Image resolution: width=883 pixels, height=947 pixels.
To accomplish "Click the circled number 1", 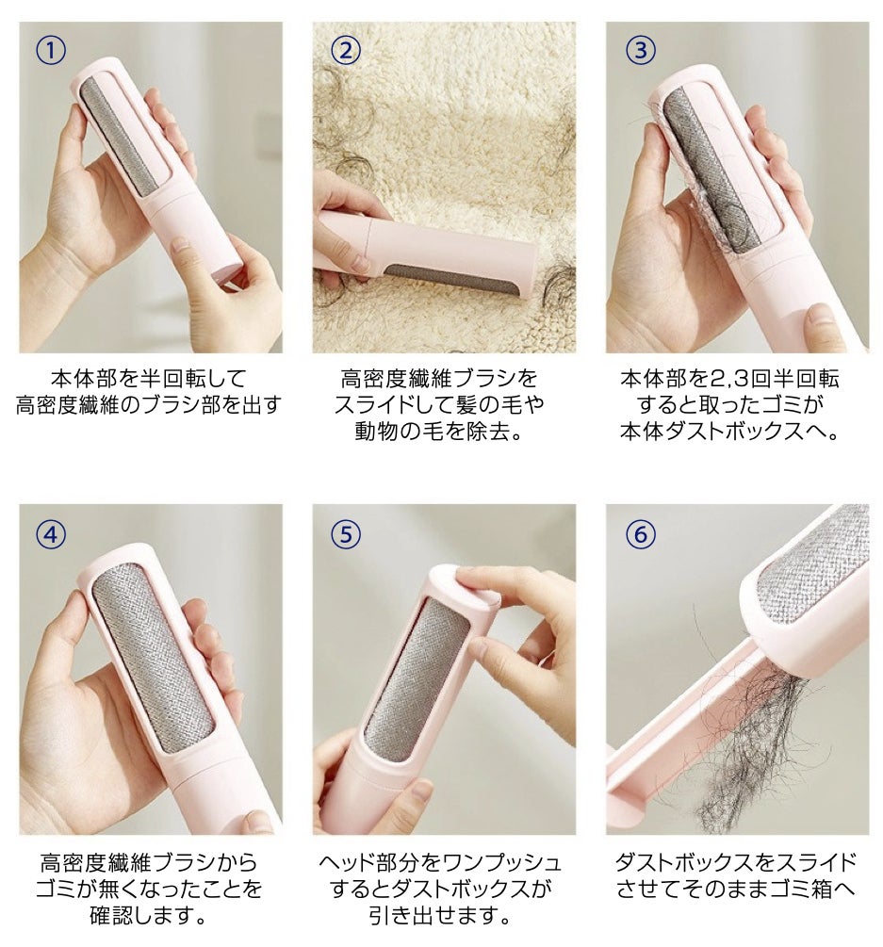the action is coord(51,51).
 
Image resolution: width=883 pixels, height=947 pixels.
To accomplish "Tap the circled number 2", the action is coord(346,51).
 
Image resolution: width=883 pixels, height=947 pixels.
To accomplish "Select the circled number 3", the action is coord(640,51).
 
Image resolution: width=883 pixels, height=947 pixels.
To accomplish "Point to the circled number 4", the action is coord(51,534).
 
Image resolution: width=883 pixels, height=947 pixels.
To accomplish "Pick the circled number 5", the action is coord(346,534).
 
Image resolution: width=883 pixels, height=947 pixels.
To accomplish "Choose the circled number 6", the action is coord(640,534).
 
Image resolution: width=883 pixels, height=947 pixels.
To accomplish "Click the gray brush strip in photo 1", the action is coord(119,136).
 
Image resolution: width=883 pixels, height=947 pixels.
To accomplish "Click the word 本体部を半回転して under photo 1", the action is coord(149,379).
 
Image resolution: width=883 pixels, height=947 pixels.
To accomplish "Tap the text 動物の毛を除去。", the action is coord(438,432).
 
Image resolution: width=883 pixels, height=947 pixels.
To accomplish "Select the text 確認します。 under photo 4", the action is coord(149,915).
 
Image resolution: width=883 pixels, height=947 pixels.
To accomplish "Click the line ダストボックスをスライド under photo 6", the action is coord(736,862).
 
